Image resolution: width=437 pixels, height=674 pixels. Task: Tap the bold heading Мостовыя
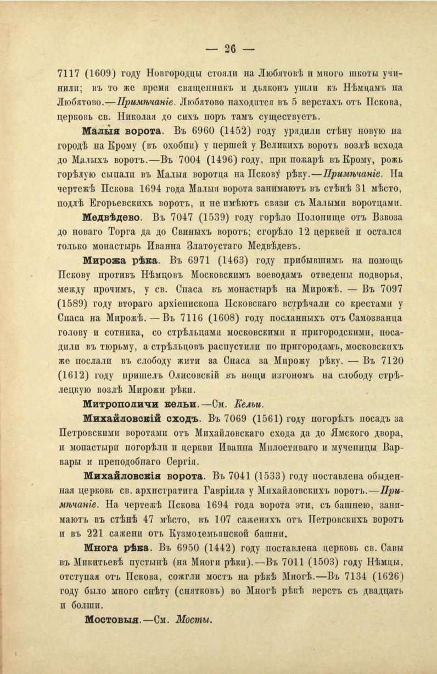[x=114, y=621]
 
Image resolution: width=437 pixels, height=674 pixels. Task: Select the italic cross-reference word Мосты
[x=194, y=621]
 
